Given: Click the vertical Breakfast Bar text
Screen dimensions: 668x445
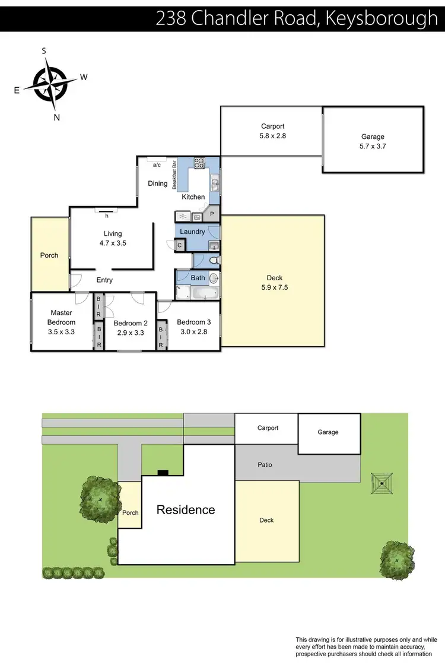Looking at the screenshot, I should [x=174, y=175].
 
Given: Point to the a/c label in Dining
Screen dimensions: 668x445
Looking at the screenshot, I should [x=157, y=165].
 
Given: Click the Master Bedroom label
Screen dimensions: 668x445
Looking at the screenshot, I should [x=61, y=317].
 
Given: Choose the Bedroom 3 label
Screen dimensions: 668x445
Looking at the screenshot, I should [x=193, y=322].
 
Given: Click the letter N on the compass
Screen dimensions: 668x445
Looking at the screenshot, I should [x=57, y=117].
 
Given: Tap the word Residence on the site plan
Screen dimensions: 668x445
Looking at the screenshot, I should [x=186, y=509].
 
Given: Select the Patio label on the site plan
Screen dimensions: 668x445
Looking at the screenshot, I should [x=265, y=464].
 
